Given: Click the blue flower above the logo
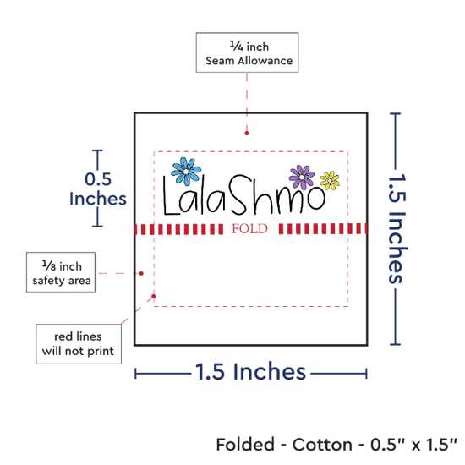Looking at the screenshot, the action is pyautogui.click(x=186, y=172).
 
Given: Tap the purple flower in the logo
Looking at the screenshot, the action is pyautogui.click(x=302, y=178).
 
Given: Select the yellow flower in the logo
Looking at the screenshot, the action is pyautogui.click(x=330, y=180).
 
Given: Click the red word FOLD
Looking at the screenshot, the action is pyautogui.click(x=249, y=229).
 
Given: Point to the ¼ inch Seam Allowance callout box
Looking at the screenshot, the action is pyautogui.click(x=248, y=52).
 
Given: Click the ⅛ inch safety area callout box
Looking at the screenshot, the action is pyautogui.click(x=61, y=272).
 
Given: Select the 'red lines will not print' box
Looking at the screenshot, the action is pyautogui.click(x=79, y=344).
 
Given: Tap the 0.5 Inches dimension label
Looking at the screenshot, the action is pyautogui.click(x=98, y=189).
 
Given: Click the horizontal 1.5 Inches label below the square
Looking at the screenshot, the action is pyautogui.click(x=250, y=372).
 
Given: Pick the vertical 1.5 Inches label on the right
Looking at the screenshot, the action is pyautogui.click(x=397, y=228).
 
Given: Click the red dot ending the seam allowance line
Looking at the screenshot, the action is pyautogui.click(x=247, y=133).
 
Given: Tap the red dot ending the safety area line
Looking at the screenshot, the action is pyautogui.click(x=141, y=273).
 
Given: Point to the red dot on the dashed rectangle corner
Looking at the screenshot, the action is pyautogui.click(x=154, y=296).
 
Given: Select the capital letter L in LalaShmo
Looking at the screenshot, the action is pyautogui.click(x=172, y=196).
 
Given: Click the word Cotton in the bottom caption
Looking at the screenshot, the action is pyautogui.click(x=322, y=445).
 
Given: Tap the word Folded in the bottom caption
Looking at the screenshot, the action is pyautogui.click(x=245, y=445).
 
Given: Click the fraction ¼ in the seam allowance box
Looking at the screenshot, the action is pyautogui.click(x=237, y=46).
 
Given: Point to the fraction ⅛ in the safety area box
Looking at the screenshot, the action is pyautogui.click(x=49, y=265).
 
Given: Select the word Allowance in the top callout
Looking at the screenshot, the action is pyautogui.click(x=265, y=61).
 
